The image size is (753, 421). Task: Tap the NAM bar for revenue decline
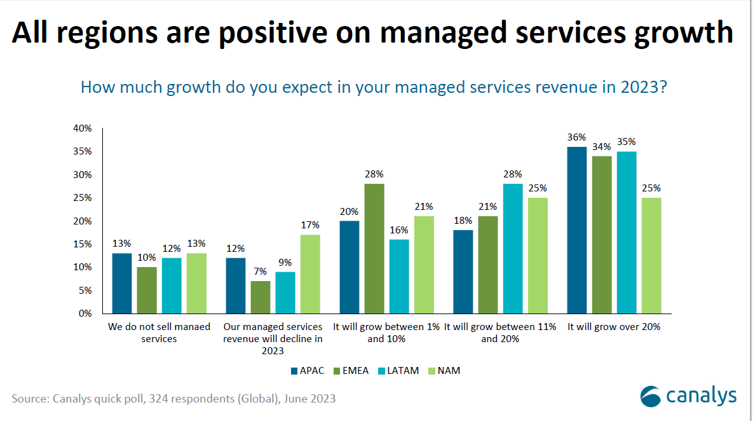[x=310, y=273]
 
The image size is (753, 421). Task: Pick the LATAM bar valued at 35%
[x=627, y=232]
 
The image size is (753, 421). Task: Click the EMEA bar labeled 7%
[x=261, y=297]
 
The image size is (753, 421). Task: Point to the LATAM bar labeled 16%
[x=399, y=276]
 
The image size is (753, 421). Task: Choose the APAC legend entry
[x=309, y=371]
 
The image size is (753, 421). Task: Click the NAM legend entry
[x=442, y=371]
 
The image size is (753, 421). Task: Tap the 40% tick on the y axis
[x=83, y=128]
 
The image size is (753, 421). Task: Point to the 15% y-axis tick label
[x=83, y=244]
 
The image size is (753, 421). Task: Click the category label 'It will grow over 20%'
[x=614, y=327]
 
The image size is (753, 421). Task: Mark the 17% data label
[x=310, y=225]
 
